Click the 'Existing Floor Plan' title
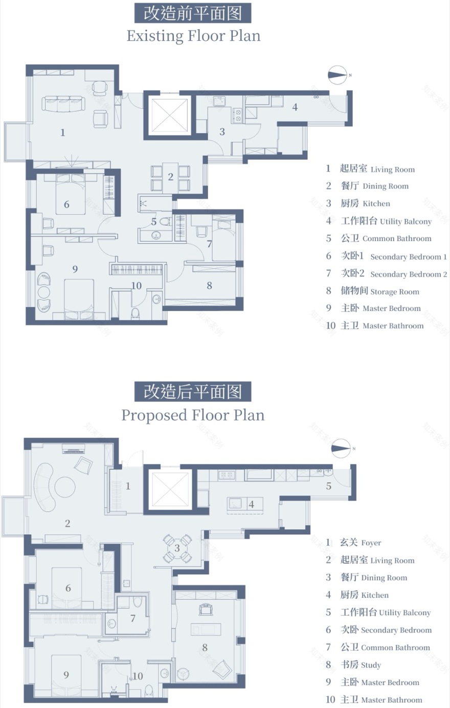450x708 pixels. [193, 36]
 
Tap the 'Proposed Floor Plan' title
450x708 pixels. [193, 415]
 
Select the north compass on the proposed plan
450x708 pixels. [341, 449]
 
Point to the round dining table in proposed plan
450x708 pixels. [177, 549]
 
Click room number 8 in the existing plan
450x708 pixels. [209, 286]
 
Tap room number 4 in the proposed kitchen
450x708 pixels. [251, 504]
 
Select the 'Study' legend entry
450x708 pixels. [361, 665]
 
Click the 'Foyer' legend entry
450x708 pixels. [361, 542]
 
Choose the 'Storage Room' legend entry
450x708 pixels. [379, 291]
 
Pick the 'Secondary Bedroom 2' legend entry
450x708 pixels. [394, 274]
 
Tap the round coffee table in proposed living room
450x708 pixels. [65, 486]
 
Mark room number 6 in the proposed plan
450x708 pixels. [68, 588]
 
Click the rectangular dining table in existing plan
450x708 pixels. [171, 177]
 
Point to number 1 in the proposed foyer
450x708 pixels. [128, 486]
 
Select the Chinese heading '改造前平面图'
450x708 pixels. [193, 13]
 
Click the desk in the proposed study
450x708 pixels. [205, 629]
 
